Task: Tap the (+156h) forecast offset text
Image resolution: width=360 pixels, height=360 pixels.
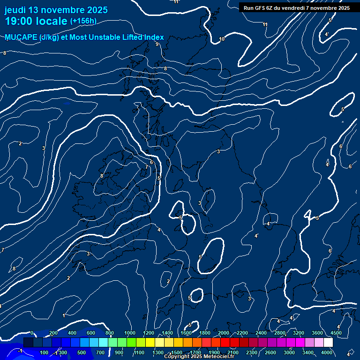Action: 84,21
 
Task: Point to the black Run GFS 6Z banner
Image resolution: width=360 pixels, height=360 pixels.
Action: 296,8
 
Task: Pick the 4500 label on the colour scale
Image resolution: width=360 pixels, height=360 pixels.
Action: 336,333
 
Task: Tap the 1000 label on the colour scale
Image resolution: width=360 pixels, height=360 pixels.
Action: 130,333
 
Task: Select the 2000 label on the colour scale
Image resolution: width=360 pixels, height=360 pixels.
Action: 224,333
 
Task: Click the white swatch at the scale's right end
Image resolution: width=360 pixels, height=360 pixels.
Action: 328,343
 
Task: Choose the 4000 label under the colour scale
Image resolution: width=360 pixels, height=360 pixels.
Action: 327,352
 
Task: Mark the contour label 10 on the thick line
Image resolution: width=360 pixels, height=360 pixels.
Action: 222,39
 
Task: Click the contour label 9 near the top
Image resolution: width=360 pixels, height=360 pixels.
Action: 157,44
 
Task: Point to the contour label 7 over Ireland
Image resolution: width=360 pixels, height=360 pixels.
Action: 147,167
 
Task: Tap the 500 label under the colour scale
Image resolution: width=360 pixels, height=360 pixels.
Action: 82,352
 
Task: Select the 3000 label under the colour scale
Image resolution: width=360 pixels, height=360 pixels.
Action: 289,352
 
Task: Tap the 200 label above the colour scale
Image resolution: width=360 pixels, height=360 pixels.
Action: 53,333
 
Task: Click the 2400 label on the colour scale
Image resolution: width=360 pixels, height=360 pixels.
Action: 261,333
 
